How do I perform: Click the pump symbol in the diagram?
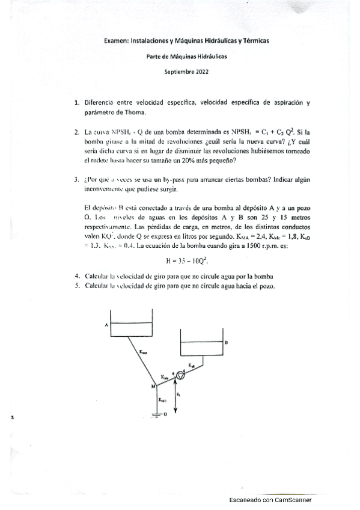click(180, 375)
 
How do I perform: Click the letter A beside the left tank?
click(106, 325)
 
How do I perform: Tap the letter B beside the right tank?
click(226, 342)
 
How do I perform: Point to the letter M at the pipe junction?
click(153, 386)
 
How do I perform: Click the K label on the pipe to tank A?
click(142, 351)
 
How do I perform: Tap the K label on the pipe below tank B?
click(191, 364)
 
